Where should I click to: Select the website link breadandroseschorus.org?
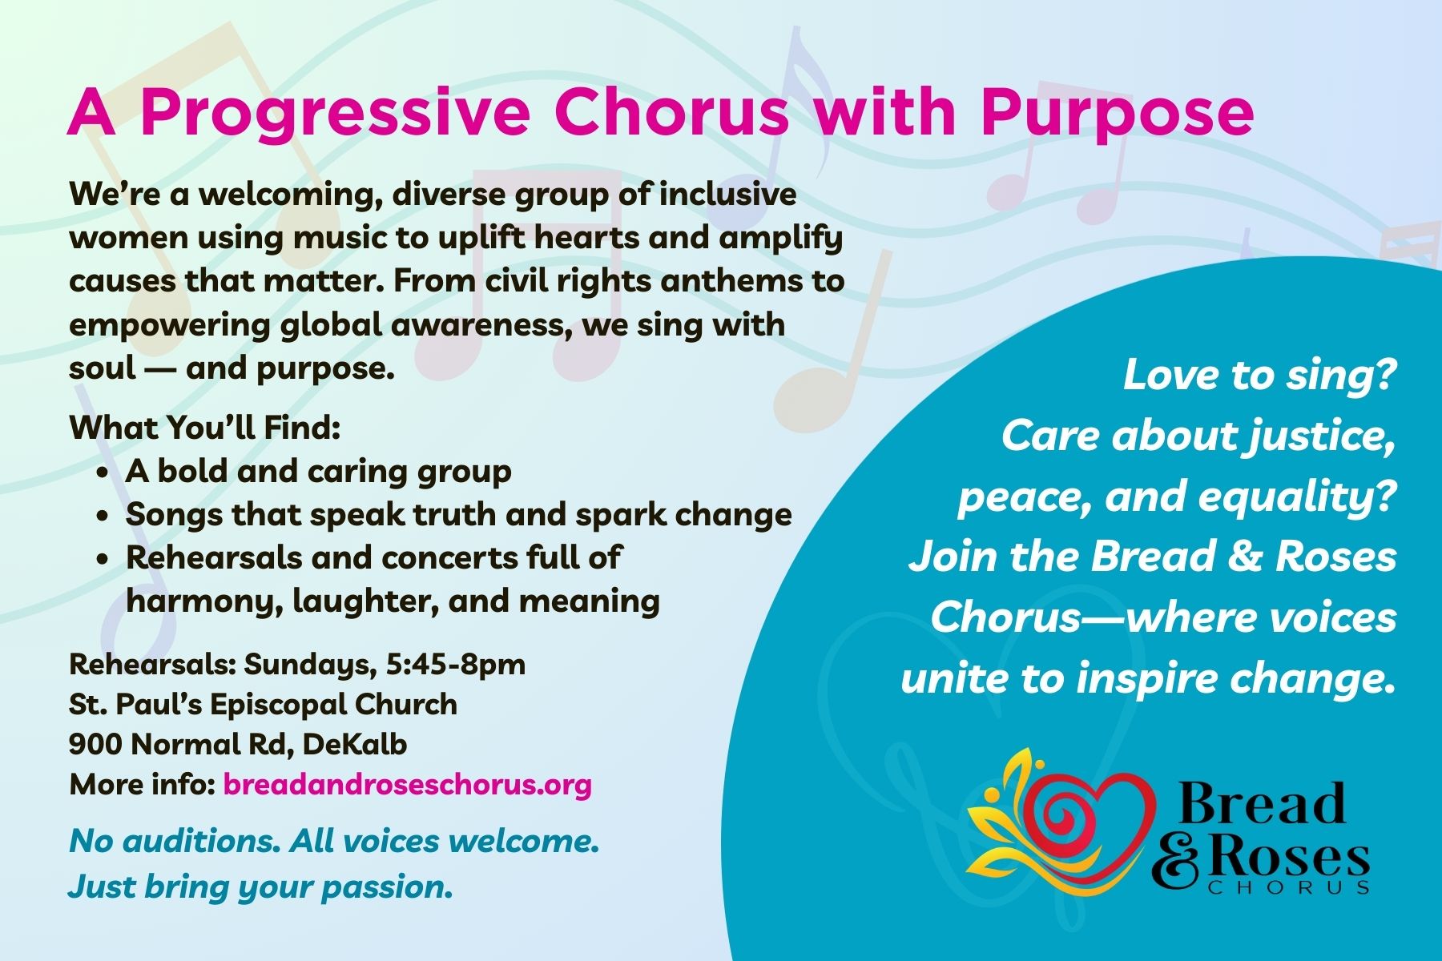[x=407, y=784]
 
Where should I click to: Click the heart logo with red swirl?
[x=1061, y=821]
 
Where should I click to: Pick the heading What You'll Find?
[x=205, y=428]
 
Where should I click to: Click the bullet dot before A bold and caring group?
[x=102, y=473]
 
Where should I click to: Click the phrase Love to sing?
[x=1259, y=375]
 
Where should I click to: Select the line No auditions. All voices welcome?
[x=334, y=841]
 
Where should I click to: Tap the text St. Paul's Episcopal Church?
[x=264, y=705]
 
